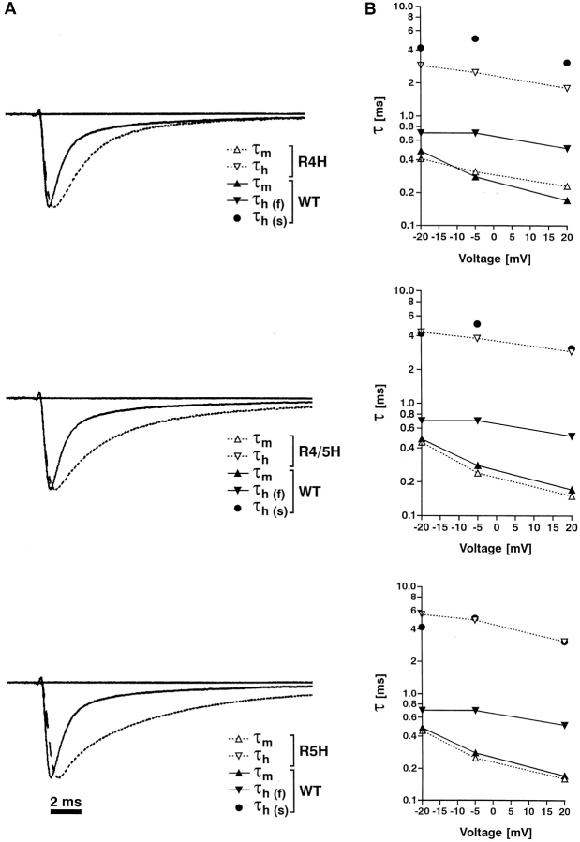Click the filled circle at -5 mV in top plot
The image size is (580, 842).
tap(475, 38)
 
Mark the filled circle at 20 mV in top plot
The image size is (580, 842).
tap(567, 63)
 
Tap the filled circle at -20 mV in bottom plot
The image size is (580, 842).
tap(422, 627)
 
